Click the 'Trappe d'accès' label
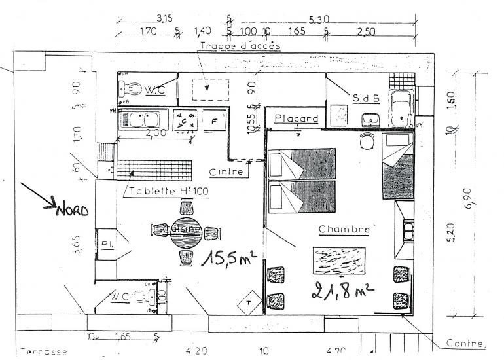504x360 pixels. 240,46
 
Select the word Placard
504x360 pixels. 297,118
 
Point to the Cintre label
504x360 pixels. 226,172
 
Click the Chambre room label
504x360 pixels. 344,230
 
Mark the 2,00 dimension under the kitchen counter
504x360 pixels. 154,133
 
